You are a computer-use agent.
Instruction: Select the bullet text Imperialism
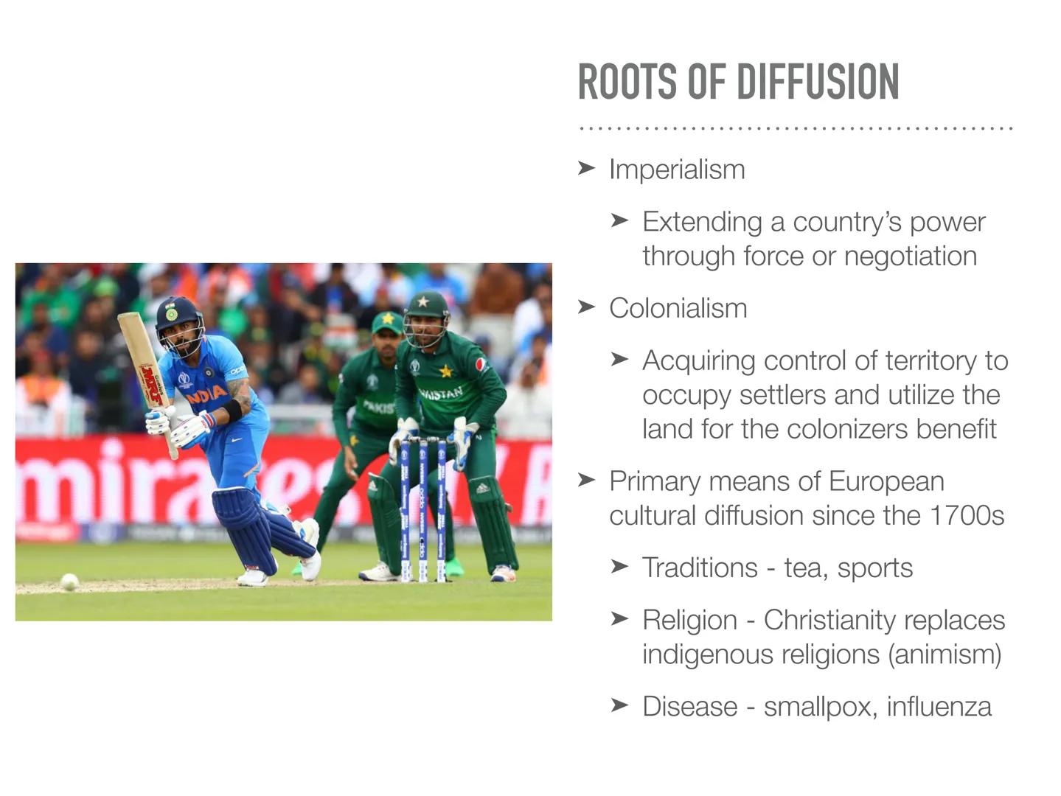click(677, 170)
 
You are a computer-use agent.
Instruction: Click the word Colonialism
click(678, 308)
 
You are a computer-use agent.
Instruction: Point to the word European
click(886, 481)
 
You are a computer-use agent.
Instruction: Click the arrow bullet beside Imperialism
click(586, 169)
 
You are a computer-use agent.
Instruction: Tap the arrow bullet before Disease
click(619, 705)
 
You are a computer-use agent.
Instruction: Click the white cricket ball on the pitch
click(69, 582)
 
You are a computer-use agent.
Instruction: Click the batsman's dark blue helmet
click(178, 315)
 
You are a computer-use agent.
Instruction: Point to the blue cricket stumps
click(423, 509)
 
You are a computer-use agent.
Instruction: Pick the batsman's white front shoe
click(252, 576)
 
